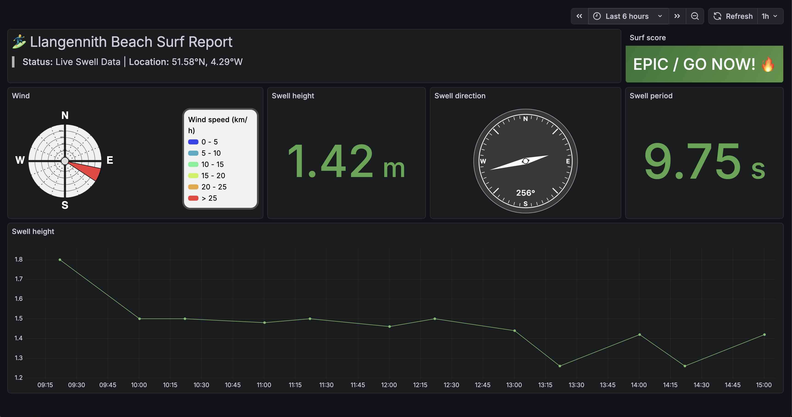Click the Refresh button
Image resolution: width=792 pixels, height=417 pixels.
coord(733,16)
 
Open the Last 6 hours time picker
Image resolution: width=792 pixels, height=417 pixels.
coord(627,16)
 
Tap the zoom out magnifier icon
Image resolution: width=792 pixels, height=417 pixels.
coord(694,16)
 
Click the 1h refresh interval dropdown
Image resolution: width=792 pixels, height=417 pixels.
coord(770,16)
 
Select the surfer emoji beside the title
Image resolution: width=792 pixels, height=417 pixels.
coord(19,42)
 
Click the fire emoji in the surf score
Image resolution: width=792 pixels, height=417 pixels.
coord(768,64)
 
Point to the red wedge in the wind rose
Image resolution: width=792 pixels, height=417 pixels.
coord(88,169)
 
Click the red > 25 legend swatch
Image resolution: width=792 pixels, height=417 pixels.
coord(193,198)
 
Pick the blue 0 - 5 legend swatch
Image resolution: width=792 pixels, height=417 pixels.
coord(193,142)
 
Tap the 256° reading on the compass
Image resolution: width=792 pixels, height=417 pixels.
coord(525,193)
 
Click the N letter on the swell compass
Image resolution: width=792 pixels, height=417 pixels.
coord(525,119)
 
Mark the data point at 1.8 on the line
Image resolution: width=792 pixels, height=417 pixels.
coord(60,260)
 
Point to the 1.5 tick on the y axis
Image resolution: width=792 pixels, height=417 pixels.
coord(19,318)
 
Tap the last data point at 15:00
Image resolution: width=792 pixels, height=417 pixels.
coord(764,335)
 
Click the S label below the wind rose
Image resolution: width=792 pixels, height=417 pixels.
coord(65,205)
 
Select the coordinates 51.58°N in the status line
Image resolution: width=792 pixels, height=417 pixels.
coord(188,62)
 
